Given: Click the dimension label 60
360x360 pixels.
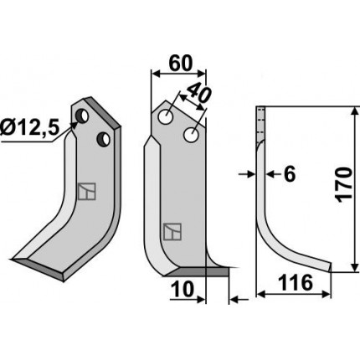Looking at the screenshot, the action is click(181, 63).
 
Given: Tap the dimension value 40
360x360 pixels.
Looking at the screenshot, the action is click(198, 93).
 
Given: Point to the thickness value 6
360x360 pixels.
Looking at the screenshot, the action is click(290, 175).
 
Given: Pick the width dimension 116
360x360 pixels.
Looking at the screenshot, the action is click(296, 282).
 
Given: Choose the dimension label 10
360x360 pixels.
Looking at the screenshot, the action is click(183, 289).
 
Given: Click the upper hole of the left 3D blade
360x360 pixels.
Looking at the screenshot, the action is click(82, 116).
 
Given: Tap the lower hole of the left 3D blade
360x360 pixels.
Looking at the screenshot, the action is click(103, 139).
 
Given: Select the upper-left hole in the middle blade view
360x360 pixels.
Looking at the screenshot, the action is click(165, 117).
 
